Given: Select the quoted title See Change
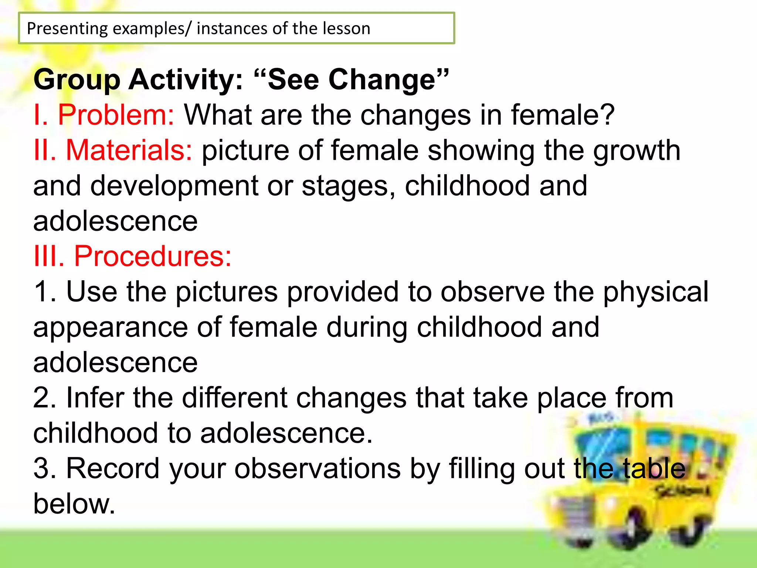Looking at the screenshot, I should (351, 80).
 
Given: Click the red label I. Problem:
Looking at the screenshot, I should (103, 115).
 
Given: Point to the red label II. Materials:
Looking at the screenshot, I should (113, 151).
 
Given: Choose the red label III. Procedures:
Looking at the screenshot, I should (132, 256).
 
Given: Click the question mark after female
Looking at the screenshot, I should (606, 115).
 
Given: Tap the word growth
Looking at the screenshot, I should (637, 151).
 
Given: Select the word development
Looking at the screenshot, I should (174, 186).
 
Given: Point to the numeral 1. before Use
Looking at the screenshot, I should (44, 292).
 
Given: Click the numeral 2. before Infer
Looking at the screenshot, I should (44, 398).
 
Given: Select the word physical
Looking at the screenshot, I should (655, 292).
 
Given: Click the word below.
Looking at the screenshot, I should (74, 504).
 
